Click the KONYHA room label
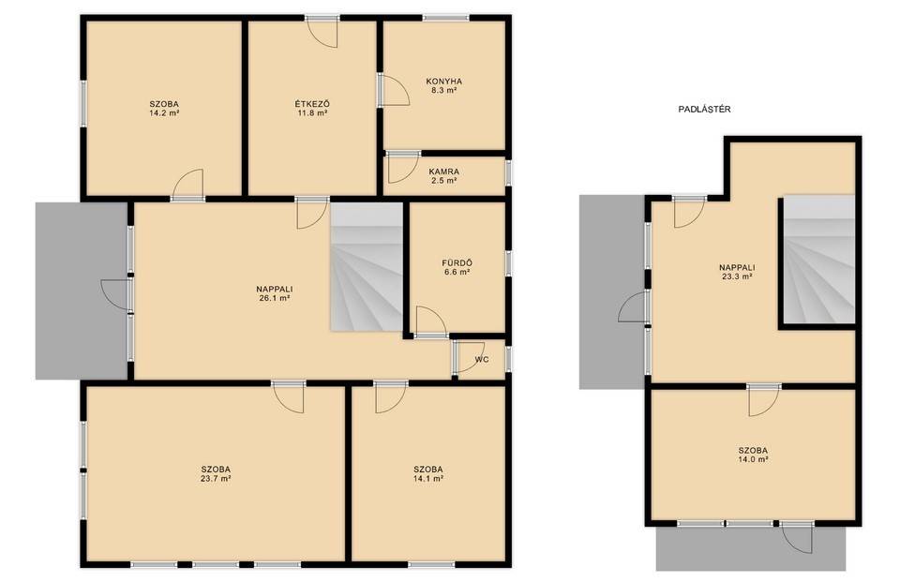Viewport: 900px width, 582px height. pos(443,81)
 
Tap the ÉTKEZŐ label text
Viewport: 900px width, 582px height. pos(312,104)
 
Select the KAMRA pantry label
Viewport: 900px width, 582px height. pos(443,172)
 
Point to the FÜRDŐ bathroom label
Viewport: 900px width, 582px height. pos(457,262)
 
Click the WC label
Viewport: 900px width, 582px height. pos(482,360)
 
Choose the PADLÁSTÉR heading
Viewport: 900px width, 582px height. pos(704,109)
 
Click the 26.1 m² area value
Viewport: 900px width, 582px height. pos(275,298)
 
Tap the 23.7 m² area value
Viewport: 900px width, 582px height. pos(216,478)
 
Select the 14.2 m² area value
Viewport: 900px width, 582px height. pos(164,113)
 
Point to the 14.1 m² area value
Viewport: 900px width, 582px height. pos(427,478)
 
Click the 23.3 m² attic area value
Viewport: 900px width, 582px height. pos(737,276)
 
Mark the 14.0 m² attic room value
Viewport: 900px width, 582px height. pos(753,459)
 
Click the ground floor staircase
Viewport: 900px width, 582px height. pos(367,267)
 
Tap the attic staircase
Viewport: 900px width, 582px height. pos(819,260)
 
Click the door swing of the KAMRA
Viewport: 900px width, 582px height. pos(403,168)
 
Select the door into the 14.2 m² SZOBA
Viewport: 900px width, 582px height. pos(188,185)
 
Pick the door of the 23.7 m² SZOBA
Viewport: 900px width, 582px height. pos(289,397)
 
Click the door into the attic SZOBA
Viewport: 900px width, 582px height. pos(764,400)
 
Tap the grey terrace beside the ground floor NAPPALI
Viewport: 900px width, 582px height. pos(82,291)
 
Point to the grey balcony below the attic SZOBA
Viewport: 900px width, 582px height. pos(751,548)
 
